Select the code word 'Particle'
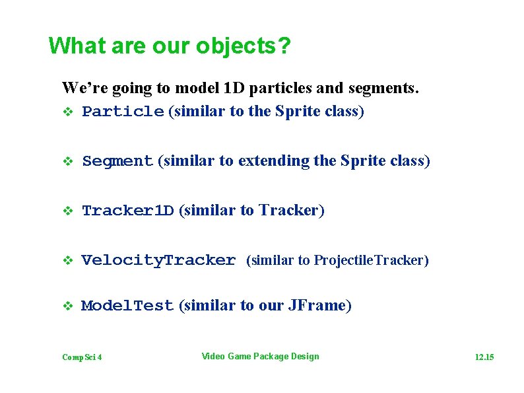(122, 112)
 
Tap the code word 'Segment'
(117, 161)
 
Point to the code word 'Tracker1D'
(127, 211)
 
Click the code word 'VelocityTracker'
(158, 260)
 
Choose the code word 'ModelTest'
(127, 306)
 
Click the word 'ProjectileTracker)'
(371, 260)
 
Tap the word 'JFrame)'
(320, 305)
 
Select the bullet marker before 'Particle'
(66, 112)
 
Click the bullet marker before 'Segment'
(66, 162)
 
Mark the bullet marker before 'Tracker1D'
(66, 211)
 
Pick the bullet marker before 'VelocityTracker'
(66, 261)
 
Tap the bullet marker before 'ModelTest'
(66, 306)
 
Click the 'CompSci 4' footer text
(82, 357)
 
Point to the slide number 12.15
(484, 357)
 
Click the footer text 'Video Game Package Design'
(260, 357)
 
